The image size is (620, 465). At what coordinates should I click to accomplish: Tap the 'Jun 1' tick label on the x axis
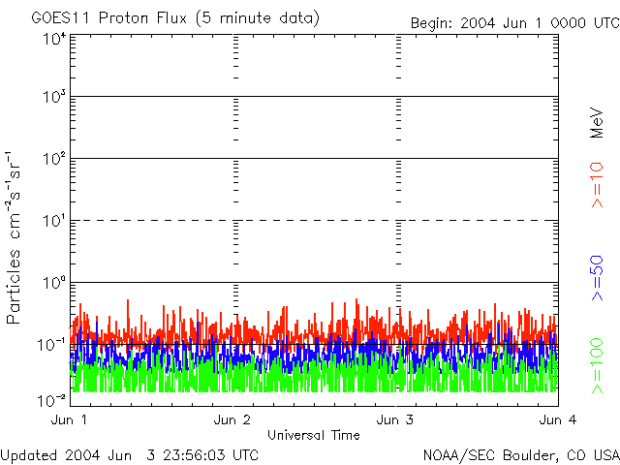(69, 419)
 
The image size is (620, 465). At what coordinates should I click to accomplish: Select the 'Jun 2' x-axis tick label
(232, 419)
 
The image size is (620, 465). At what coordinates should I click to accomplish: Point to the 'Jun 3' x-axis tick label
(395, 419)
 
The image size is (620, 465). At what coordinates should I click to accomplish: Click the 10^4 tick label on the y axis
(54, 40)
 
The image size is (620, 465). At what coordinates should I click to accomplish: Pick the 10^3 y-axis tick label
(54, 97)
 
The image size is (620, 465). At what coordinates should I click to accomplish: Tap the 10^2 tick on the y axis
(54, 159)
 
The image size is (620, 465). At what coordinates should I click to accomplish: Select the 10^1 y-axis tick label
(54, 221)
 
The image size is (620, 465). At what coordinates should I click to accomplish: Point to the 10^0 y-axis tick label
(54, 283)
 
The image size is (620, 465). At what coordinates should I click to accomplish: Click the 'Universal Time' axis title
(313, 435)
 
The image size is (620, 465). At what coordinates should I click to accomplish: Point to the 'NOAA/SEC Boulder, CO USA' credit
(520, 454)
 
